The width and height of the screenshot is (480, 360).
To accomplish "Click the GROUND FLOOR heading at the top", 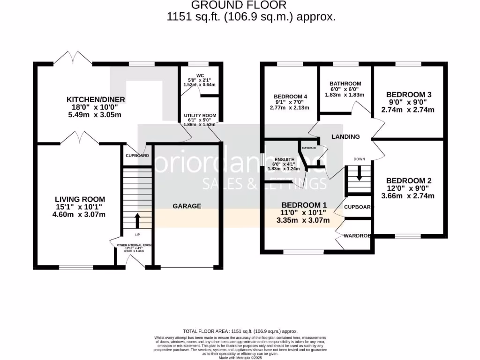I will coord(240,6).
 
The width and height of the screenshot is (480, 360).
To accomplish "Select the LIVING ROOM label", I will coord(79,199).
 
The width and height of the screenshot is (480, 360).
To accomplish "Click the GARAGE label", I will coord(187,206).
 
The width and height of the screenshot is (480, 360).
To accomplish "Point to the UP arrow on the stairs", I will coord(137,220).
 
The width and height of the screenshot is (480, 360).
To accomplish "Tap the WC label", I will coord(200,75).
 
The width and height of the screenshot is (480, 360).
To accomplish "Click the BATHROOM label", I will coord(345,84).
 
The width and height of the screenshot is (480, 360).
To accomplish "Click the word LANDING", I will coord(345,137).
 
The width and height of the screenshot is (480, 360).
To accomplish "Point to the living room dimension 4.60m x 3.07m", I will coord(79,215).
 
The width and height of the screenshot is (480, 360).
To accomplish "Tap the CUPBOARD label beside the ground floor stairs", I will coord(137,156).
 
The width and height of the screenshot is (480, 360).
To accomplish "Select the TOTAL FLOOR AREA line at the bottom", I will coord(240,331).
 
